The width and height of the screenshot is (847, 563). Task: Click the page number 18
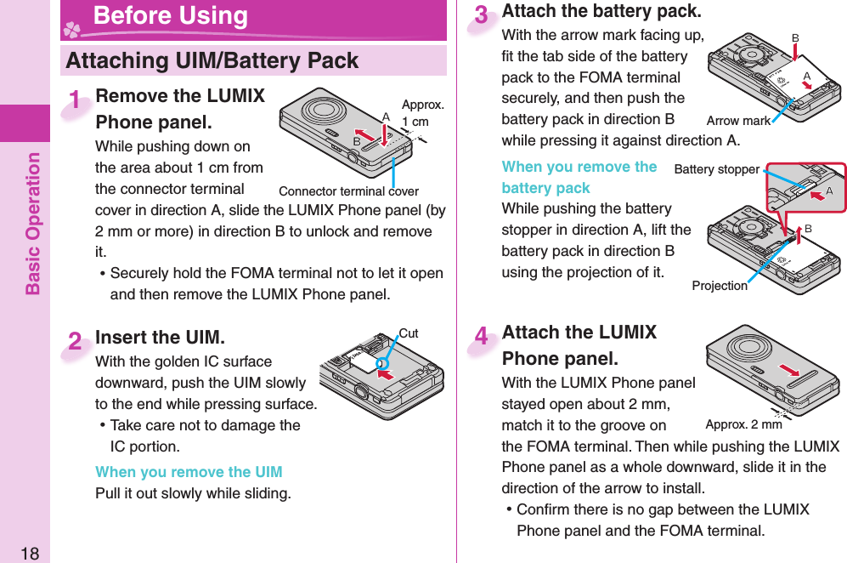click(x=30, y=554)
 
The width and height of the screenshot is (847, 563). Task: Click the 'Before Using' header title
click(x=170, y=15)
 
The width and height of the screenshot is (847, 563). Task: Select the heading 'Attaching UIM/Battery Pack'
click(x=212, y=60)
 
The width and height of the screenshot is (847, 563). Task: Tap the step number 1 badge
click(x=77, y=101)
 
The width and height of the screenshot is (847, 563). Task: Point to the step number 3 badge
click(x=482, y=16)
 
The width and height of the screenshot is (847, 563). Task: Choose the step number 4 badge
click(x=482, y=338)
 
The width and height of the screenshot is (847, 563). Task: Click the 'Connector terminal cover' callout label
click(x=348, y=191)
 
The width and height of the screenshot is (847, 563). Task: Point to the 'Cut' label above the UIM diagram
click(x=409, y=333)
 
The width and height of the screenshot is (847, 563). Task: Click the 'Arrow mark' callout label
click(x=738, y=121)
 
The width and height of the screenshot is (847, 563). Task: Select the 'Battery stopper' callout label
click(x=716, y=169)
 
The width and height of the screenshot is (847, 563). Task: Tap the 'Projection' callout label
click(x=720, y=286)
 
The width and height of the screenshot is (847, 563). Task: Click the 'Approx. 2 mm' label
click(x=743, y=424)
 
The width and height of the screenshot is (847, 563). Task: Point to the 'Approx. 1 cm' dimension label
click(x=422, y=113)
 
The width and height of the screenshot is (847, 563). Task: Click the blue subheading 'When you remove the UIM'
click(x=189, y=472)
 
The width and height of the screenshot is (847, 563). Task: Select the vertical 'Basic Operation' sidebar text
click(x=33, y=223)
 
